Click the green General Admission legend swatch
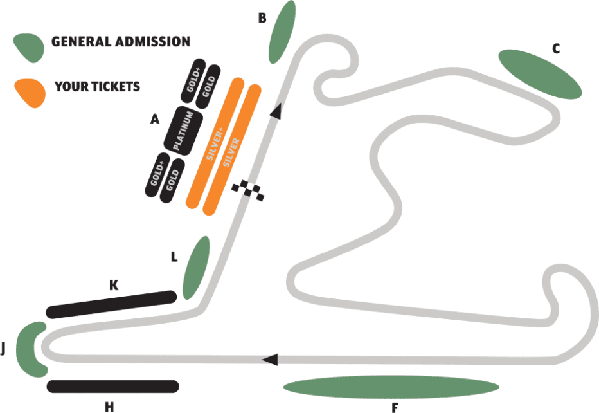tap(28, 46)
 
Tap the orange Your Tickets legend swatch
tap(31, 91)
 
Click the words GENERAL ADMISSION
tap(121, 42)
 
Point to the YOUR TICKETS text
tap(97, 86)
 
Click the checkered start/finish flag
tap(249, 190)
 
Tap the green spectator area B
tap(283, 32)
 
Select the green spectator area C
tap(540, 73)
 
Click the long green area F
tap(391, 387)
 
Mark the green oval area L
tap(197, 267)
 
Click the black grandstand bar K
tap(111, 304)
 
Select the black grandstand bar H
tap(112, 386)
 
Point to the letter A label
tap(154, 119)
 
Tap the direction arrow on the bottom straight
tap(271, 359)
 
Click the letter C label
tap(557, 48)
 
